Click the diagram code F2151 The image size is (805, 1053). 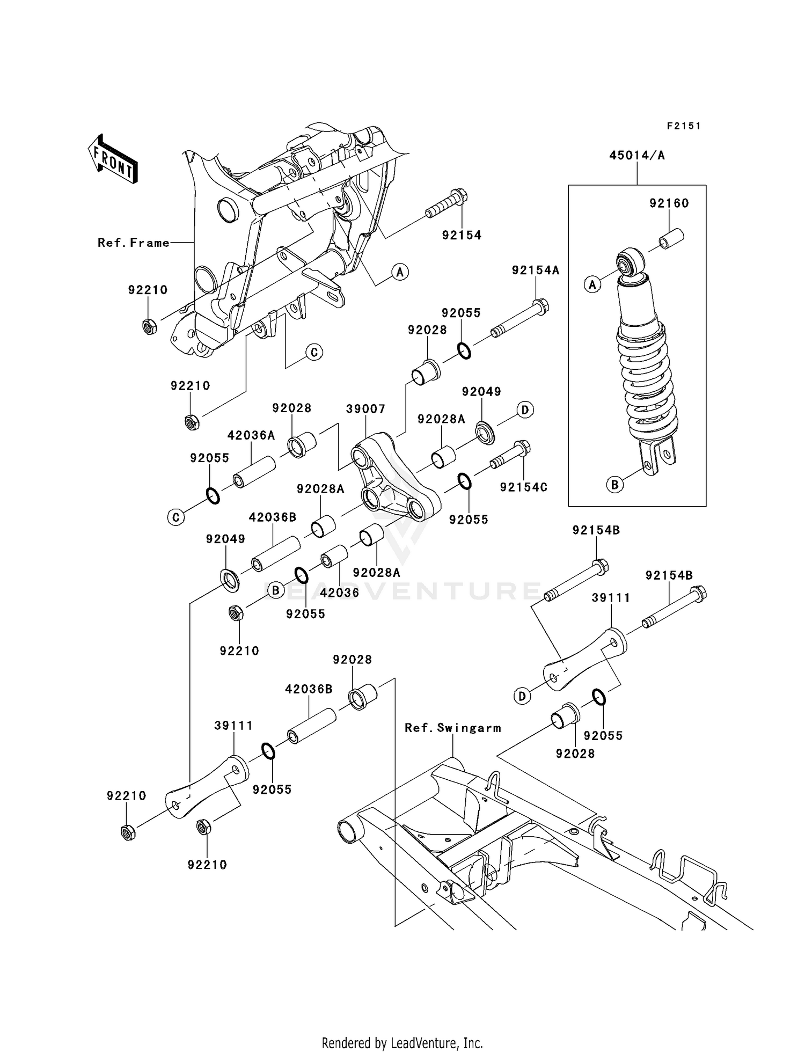coord(684,126)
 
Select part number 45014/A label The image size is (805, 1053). coord(637,156)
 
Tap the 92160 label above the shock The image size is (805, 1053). coord(669,203)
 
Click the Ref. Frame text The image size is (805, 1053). coord(134,243)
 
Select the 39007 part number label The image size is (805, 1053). coord(365,409)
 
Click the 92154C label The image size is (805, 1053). coord(524,487)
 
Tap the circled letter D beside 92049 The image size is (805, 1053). coord(525,410)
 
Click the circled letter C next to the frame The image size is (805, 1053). coord(314,352)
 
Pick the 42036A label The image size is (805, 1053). coord(251,435)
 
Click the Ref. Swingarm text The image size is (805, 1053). coord(453,728)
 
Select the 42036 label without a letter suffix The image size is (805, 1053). coord(339,593)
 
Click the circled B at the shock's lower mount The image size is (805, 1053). coord(615,485)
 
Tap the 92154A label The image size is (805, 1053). coord(536,270)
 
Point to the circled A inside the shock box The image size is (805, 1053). coord(592,284)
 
